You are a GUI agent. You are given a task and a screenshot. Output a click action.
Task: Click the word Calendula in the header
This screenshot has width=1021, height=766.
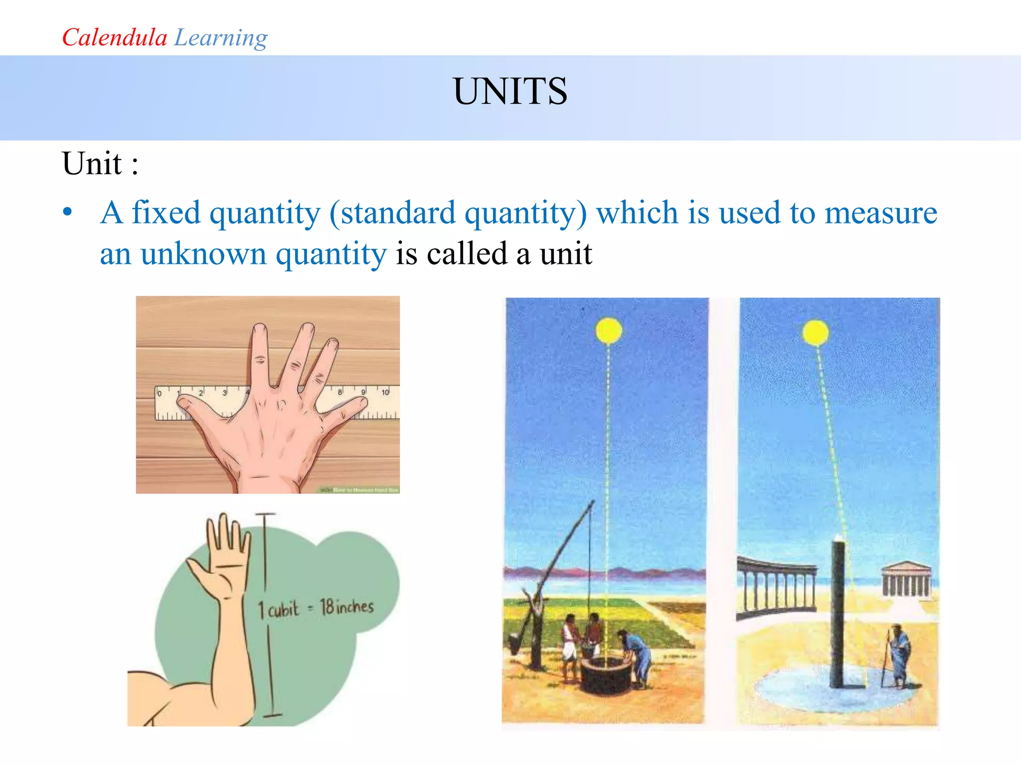114,37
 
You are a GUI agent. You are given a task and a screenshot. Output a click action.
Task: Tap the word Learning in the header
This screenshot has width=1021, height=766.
221,38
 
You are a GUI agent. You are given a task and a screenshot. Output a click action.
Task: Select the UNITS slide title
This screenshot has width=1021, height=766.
510,91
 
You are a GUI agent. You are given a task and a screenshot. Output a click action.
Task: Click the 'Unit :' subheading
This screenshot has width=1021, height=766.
100,164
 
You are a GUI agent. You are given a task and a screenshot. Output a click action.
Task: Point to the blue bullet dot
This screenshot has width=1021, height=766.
68,212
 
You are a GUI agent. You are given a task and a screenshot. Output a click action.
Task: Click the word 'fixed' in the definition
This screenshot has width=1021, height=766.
166,212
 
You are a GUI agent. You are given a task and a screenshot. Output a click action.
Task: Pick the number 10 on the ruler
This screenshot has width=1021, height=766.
385,392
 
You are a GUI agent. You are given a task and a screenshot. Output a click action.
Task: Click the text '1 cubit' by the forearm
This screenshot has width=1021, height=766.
278,609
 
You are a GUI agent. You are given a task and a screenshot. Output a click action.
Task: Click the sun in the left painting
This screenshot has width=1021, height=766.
609,331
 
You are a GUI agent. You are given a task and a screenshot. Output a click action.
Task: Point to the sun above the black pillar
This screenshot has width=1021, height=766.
816,333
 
